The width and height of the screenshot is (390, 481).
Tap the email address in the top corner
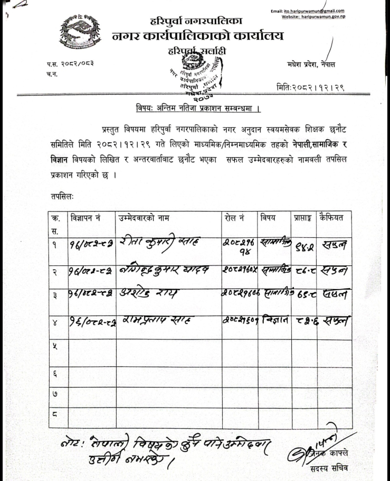point(307,11)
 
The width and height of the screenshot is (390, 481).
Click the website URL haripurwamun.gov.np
point(313,17)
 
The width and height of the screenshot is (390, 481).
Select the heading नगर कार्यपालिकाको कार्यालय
point(198,36)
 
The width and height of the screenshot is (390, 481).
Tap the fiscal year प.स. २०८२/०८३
point(70,64)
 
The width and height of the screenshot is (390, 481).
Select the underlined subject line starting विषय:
point(196,109)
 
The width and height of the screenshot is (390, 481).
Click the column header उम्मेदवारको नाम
point(144,217)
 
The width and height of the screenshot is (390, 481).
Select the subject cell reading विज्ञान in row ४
point(274,319)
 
